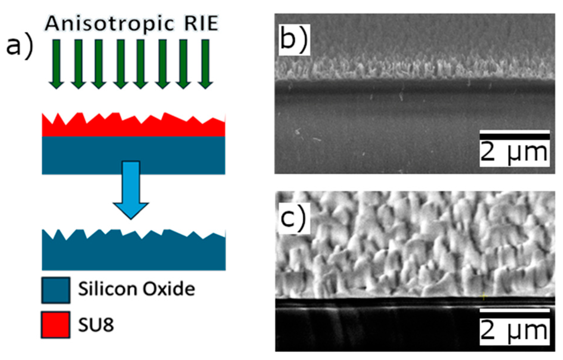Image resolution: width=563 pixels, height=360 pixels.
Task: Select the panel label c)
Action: click(293, 219)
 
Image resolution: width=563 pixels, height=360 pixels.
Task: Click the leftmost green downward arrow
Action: click(56, 64)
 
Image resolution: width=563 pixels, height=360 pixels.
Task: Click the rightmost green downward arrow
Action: click(205, 64)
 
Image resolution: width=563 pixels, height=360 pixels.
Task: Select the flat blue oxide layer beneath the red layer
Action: click(89, 155)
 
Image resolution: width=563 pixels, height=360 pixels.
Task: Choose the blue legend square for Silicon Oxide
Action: click(56, 290)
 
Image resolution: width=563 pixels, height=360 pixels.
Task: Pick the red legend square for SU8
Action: click(56, 325)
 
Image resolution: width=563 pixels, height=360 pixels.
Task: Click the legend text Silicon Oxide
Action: click(136, 289)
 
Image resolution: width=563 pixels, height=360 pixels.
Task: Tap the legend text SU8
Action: click(96, 325)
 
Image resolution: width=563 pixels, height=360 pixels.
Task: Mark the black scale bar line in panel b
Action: click(514, 136)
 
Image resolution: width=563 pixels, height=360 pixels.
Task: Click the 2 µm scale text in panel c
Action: click(514, 331)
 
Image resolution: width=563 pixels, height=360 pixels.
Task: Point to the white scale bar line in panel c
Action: click(514, 311)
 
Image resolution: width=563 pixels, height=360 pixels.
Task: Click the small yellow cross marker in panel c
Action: click(483, 297)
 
